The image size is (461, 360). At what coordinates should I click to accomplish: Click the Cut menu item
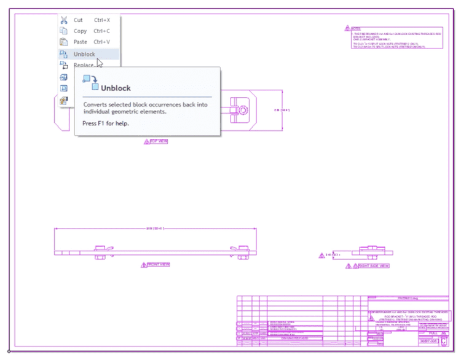[78, 20]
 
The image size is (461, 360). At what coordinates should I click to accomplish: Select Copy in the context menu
[80, 31]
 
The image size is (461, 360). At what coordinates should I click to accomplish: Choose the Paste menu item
[80, 42]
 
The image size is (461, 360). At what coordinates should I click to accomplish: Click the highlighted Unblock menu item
[84, 54]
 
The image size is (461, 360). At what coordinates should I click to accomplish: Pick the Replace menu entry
[84, 65]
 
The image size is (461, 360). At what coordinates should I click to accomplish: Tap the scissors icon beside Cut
[63, 20]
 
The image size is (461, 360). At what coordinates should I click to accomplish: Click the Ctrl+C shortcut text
[102, 31]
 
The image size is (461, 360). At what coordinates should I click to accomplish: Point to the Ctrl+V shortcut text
[102, 42]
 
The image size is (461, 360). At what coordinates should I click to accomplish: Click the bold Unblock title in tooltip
[116, 88]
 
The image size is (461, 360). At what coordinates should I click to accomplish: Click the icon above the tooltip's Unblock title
[90, 82]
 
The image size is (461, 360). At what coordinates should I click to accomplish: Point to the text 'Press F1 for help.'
[106, 123]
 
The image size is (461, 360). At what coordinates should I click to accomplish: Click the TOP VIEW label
[159, 141]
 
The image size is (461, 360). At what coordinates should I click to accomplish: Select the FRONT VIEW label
[158, 264]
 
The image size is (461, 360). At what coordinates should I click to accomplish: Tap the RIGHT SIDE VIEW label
[374, 266]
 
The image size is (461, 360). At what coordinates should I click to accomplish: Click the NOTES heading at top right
[356, 28]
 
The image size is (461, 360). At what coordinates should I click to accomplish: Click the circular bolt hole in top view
[244, 111]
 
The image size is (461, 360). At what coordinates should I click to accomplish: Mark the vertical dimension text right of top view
[280, 110]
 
